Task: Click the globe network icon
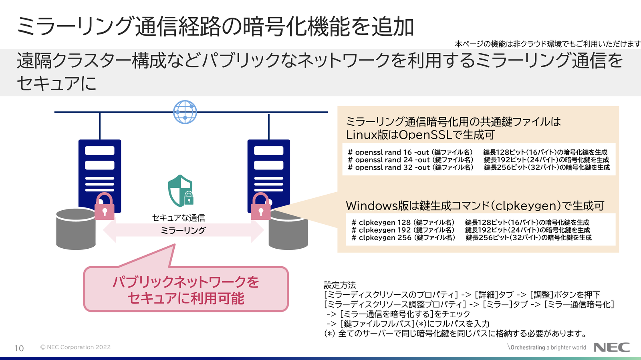[185, 112]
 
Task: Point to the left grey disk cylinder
[75, 230]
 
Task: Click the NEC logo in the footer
[611, 347]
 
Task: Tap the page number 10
[19, 348]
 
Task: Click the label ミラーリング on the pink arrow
[183, 230]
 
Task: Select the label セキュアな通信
[179, 217]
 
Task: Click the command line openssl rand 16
[410, 152]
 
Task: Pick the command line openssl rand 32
[410, 167]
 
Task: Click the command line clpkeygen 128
[403, 222]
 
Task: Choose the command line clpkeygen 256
[403, 237]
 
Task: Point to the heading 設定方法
[340, 285]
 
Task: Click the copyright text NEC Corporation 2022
[75, 347]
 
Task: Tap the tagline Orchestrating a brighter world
[548, 347]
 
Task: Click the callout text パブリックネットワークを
[186, 282]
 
